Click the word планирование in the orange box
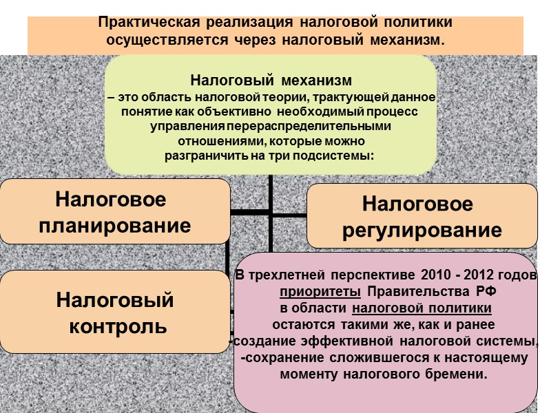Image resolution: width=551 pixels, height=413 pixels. (115, 224)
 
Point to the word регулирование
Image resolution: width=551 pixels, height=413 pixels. (422, 230)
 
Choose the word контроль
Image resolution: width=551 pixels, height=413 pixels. (118, 325)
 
